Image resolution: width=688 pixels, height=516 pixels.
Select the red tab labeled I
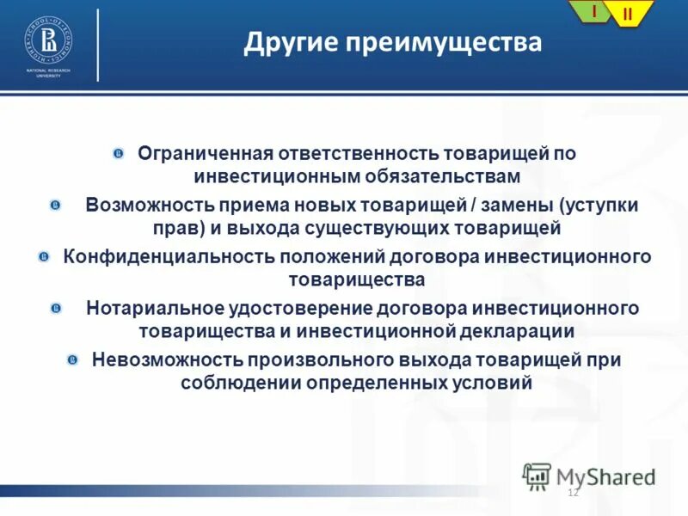[593, 11]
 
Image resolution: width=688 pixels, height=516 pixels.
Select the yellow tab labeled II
[627, 14]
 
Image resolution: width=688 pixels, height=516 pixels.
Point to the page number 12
[574, 492]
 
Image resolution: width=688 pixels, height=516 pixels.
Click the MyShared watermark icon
[537, 476]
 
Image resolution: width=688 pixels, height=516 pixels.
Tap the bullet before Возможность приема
[55, 206]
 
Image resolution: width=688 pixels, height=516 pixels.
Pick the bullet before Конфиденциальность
[44, 257]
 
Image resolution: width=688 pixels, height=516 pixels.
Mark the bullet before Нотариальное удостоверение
[55, 308]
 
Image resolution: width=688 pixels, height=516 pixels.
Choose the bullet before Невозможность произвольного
[73, 359]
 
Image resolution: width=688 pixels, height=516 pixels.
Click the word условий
[493, 383]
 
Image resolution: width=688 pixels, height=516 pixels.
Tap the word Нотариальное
[155, 308]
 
